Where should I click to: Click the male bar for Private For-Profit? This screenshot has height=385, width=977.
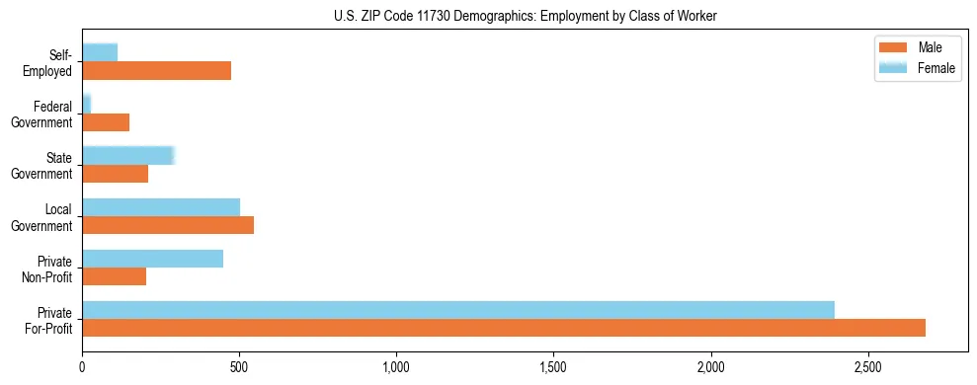504,328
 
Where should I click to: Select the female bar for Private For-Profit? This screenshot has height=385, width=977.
458,310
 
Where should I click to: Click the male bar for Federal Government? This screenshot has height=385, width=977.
106,122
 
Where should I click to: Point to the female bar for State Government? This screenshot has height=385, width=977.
128,156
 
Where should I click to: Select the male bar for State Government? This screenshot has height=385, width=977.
115,174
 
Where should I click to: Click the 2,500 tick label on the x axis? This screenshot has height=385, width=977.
867,367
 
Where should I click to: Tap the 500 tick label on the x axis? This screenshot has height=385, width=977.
239,367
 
